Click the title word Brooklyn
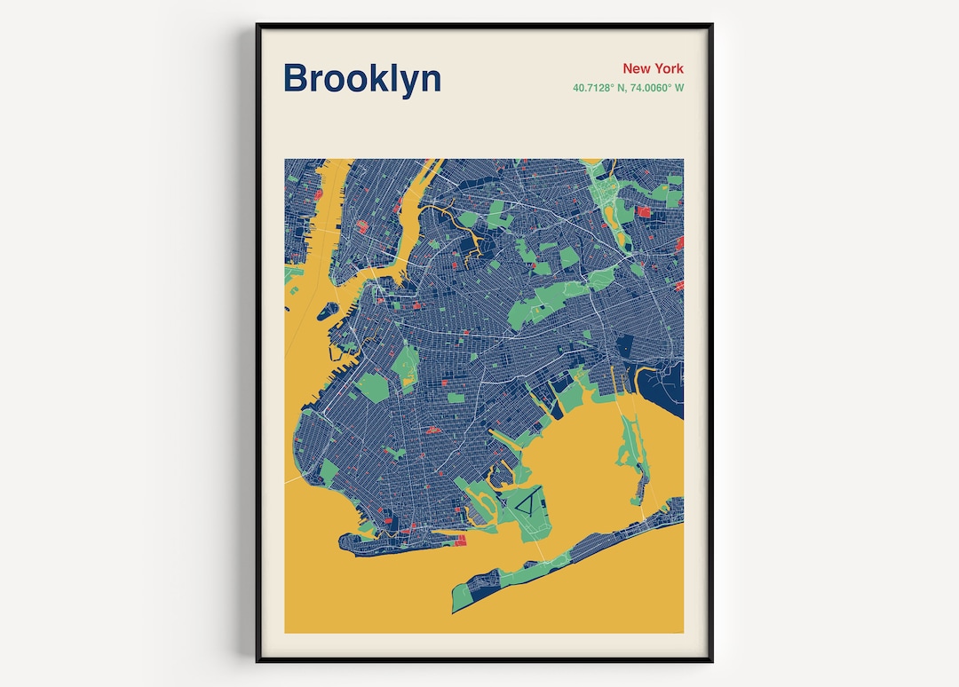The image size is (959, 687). [x=361, y=78]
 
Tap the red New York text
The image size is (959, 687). [x=653, y=68]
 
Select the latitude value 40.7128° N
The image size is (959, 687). [x=602, y=88]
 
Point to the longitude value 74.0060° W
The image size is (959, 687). [x=658, y=88]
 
